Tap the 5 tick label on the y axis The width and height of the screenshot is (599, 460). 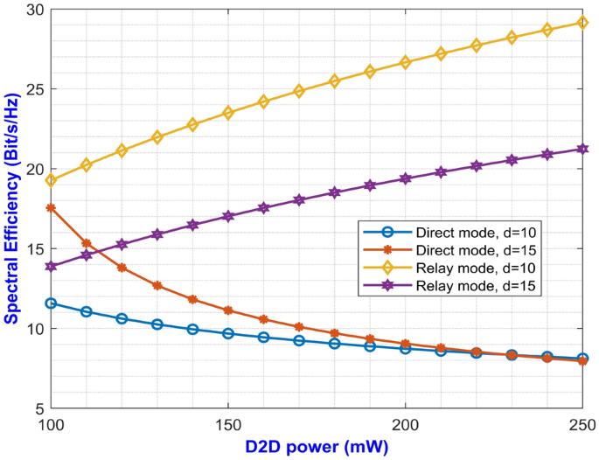click(x=36, y=408)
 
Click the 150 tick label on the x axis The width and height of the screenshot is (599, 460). click(x=228, y=424)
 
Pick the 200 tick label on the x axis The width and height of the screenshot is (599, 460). click(x=406, y=424)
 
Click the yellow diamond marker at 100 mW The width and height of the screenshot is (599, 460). click(x=52, y=180)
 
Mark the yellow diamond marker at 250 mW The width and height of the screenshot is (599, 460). click(x=582, y=23)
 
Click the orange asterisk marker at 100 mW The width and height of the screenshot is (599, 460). click(x=52, y=208)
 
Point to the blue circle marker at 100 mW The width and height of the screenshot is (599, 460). click(x=52, y=303)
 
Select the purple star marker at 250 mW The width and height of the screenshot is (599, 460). click(x=582, y=149)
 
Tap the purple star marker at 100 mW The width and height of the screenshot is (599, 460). click(x=52, y=266)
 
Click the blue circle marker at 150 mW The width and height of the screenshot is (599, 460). click(x=228, y=333)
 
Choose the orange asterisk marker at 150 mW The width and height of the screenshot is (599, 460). click(x=228, y=310)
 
